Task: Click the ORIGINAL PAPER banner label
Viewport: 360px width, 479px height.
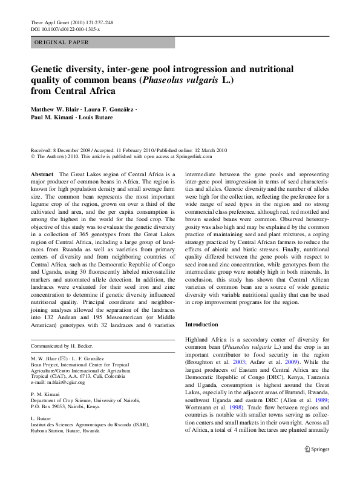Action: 62,42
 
